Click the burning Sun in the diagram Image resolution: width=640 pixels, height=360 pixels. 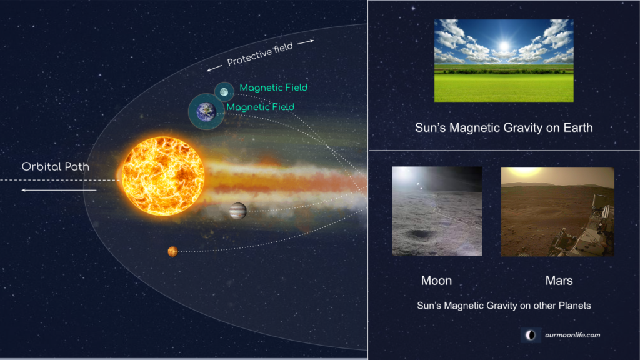point(163,176)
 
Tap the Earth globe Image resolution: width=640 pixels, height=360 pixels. point(206,111)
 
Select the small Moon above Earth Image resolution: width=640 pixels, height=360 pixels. point(224,92)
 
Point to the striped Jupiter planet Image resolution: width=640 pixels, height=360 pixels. point(238,211)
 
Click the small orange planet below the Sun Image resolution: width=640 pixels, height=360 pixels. point(172,251)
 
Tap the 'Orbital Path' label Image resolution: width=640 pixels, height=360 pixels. point(56,166)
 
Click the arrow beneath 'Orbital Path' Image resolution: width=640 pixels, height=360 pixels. point(59,190)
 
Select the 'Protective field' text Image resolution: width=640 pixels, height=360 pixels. point(260,54)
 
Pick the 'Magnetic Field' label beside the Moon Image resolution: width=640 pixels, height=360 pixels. point(274,87)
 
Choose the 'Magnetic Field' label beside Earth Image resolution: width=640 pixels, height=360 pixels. point(261,107)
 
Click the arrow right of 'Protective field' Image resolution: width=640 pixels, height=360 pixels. point(306,42)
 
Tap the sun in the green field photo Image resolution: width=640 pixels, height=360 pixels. point(504,46)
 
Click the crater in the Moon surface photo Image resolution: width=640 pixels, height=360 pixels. point(419,234)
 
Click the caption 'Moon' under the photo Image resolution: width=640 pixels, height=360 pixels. point(436,281)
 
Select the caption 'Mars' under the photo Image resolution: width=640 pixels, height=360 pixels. point(559,281)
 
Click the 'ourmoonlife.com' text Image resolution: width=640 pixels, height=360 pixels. point(572,335)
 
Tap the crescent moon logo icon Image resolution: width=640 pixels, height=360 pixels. point(531,336)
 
